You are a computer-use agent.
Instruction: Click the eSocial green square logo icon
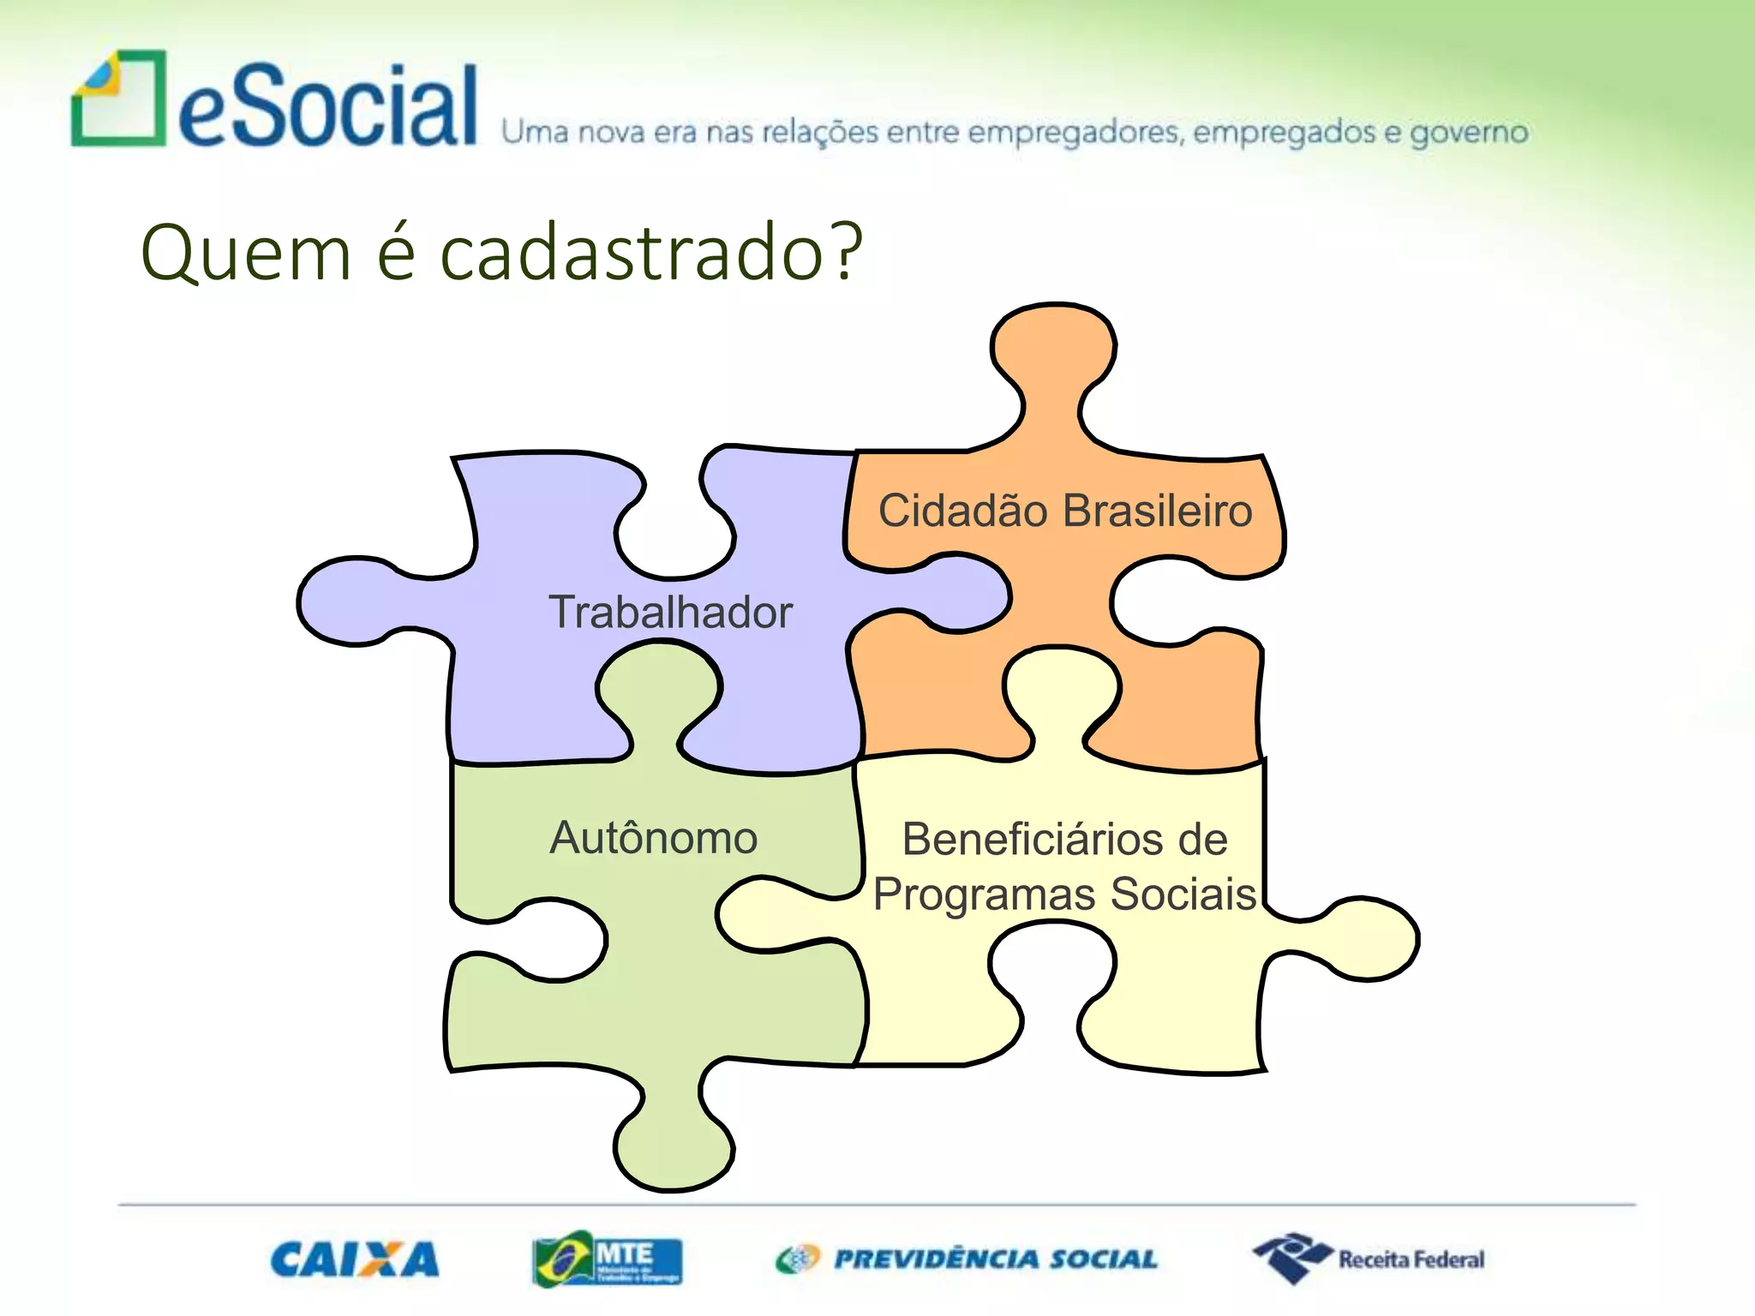pos(118,99)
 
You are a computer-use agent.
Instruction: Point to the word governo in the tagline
pos(1469,133)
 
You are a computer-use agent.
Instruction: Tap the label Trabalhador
pos(670,613)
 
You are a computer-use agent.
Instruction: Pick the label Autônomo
pos(653,837)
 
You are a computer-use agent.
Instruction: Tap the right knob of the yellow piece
pos(1371,938)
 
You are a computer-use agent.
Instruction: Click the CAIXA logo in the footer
pos(355,1259)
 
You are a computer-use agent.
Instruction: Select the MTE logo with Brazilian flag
pos(607,1259)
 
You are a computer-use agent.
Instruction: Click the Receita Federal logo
pos(1369,1259)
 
